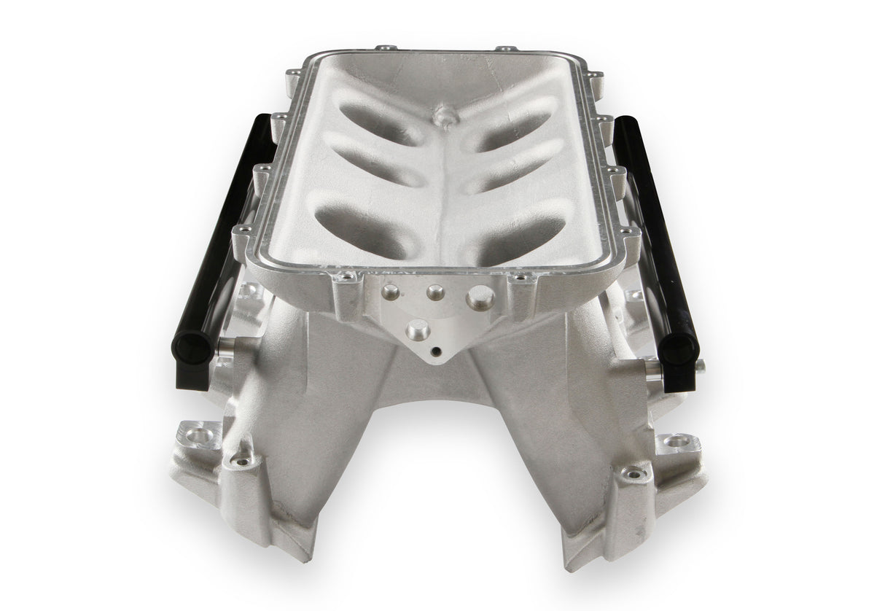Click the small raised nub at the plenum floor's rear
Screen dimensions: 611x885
click(x=442, y=116)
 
